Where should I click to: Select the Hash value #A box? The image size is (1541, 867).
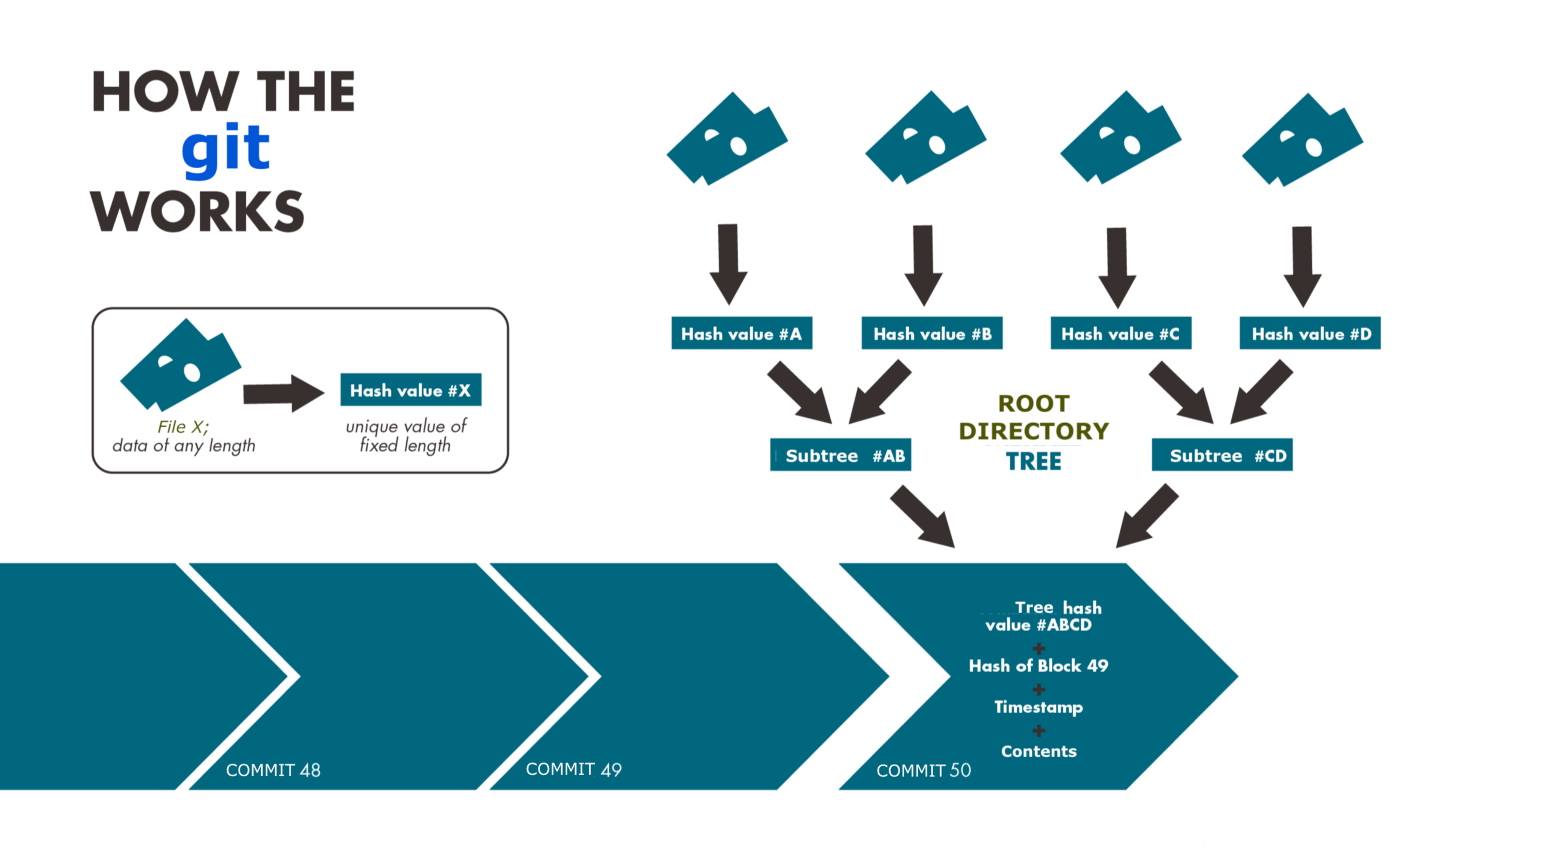[741, 334]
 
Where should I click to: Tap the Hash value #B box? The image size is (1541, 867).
[931, 334]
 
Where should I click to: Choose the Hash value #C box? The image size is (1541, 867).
[1120, 334]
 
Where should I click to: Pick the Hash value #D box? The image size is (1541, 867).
[1310, 334]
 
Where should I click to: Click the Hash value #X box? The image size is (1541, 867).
[410, 390]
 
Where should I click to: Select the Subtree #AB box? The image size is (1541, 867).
[840, 455]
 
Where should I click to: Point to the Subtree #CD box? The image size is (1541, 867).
[1222, 455]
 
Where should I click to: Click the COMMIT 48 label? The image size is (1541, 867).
[273, 770]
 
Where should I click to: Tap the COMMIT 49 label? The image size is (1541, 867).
[573, 769]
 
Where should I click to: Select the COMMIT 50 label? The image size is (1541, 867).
[923, 770]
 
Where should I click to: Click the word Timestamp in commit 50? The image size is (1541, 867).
[1038, 707]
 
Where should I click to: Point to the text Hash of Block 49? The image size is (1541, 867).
[1038, 666]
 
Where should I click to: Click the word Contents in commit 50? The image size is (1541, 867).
[1038, 751]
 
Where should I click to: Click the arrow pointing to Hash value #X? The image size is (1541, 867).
[283, 394]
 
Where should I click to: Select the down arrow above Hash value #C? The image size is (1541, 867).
[1117, 267]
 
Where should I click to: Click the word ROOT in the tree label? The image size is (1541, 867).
[1034, 404]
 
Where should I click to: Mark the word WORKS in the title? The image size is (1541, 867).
[198, 212]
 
